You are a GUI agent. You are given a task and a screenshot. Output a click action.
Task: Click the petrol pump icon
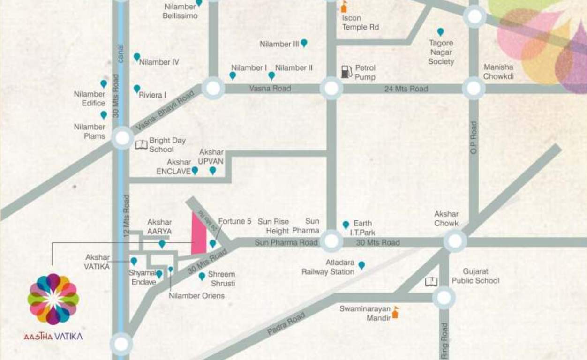[346, 71]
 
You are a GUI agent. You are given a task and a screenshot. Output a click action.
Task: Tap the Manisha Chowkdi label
[498, 71]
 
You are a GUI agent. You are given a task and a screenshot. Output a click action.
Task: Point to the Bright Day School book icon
[141, 144]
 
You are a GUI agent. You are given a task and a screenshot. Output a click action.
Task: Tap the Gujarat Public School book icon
[431, 281]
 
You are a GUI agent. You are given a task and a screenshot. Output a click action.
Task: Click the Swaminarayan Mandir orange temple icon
[395, 312]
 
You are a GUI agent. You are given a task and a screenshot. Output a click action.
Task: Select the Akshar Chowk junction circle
[455, 242]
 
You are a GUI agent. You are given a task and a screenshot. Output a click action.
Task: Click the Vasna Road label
[270, 88]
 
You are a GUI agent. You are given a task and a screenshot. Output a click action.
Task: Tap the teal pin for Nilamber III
[304, 43]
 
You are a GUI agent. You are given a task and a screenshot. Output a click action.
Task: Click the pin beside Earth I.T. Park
[346, 225]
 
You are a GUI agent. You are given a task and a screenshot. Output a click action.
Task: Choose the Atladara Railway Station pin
[361, 265]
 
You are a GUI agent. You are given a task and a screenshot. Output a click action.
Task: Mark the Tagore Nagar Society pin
[440, 32]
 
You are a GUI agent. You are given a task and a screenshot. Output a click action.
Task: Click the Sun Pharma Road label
[286, 242]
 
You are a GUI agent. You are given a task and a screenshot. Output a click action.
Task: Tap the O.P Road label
[474, 137]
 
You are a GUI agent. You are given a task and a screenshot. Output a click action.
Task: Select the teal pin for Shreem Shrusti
[202, 276]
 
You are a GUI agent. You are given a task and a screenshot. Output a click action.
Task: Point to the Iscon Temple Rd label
[360, 22]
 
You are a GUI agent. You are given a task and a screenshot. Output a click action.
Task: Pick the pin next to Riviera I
[137, 89]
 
